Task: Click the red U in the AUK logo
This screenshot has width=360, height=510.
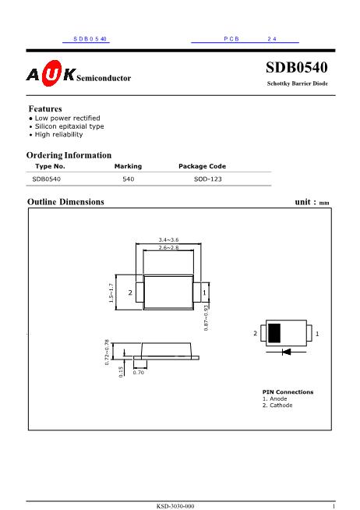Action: pyautogui.click(x=51, y=73)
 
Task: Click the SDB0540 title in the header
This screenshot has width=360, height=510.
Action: pyautogui.click(x=297, y=67)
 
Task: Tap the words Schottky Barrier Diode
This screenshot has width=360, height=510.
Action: pyautogui.click(x=298, y=83)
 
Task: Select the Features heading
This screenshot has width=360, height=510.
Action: pyautogui.click(x=45, y=108)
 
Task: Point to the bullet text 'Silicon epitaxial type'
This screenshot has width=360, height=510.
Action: pyautogui.click(x=69, y=126)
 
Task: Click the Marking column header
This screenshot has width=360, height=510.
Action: pyautogui.click(x=128, y=166)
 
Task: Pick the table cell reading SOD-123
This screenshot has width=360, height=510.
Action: pyautogui.click(x=208, y=179)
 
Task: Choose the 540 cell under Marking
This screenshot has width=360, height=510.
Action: pyautogui.click(x=129, y=179)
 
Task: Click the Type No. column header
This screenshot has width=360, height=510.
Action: pyautogui.click(x=50, y=166)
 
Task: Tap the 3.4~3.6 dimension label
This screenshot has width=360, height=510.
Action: pyautogui.click(x=168, y=239)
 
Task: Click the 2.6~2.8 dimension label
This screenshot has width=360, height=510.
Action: pyautogui.click(x=168, y=247)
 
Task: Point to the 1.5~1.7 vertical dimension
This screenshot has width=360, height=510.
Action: pyautogui.click(x=111, y=293)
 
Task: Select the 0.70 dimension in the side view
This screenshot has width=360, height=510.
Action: pyautogui.click(x=139, y=373)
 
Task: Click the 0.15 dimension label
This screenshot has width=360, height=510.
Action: pyautogui.click(x=121, y=372)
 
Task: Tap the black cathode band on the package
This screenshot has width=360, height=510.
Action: pyautogui.click(x=274, y=333)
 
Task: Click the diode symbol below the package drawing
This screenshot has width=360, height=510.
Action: pyautogui.click(x=286, y=352)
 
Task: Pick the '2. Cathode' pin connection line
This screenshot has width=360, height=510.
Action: pyautogui.click(x=277, y=406)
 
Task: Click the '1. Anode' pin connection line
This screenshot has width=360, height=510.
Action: pyautogui.click(x=275, y=398)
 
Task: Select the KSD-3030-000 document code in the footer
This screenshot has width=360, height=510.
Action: pyautogui.click(x=175, y=506)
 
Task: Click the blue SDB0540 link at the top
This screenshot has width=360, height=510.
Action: pyautogui.click(x=90, y=39)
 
